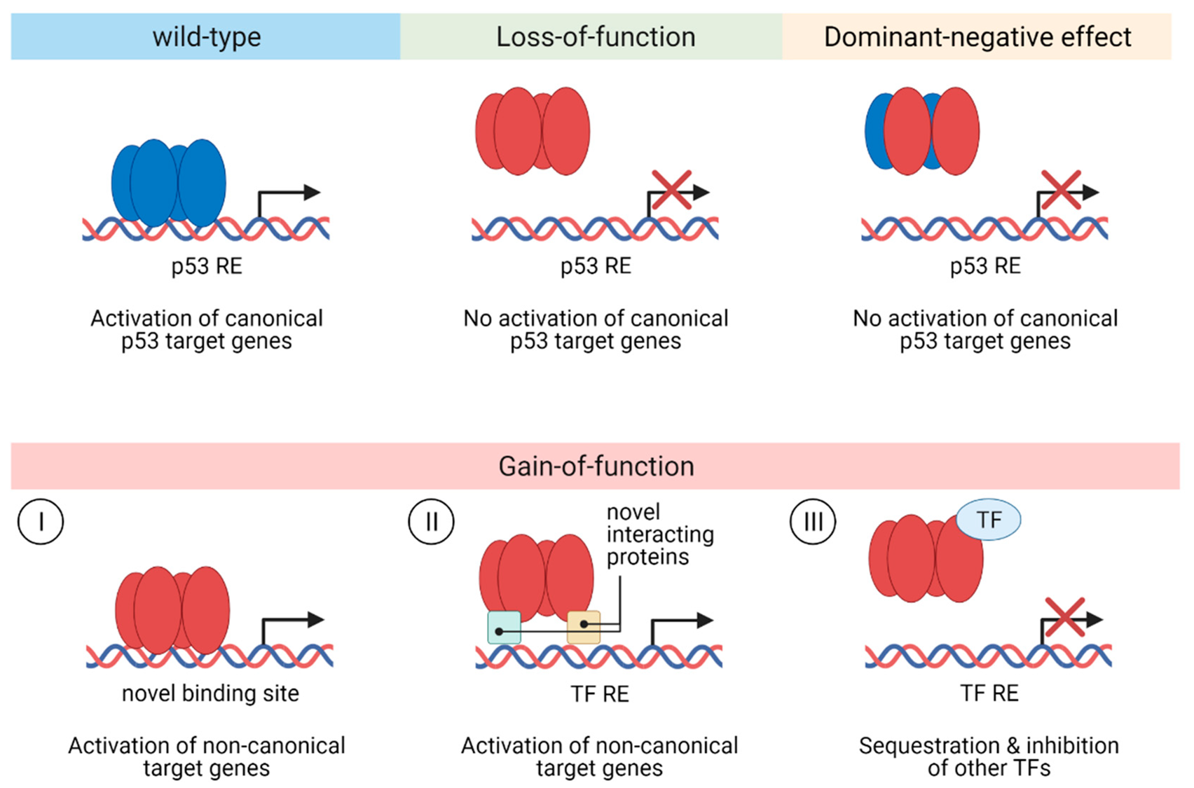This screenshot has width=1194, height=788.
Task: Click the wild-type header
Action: pos(207,36)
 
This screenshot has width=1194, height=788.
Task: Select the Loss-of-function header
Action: pos(596,36)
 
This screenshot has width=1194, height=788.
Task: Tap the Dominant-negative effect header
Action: pos(977,36)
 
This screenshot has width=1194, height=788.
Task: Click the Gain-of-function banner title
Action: pos(596,466)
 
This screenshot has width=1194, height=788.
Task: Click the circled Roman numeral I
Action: pos(41,522)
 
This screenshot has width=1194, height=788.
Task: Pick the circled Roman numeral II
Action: pos(431,522)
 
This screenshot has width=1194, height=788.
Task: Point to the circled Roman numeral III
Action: pos(813,522)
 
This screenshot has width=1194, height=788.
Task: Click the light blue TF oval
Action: pos(989,520)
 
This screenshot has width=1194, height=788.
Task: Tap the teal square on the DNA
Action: pos(505,628)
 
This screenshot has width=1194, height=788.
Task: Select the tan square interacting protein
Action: pos(584,627)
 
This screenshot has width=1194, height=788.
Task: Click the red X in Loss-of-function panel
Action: pos(672,188)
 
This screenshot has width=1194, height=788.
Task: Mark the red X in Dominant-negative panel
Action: pos(1061,189)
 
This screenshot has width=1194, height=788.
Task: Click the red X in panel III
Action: pos(1065,616)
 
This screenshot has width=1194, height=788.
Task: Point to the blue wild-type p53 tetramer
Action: pos(169,183)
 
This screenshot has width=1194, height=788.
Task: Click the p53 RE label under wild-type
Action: pos(207,266)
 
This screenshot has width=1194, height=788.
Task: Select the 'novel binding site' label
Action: pos(210,693)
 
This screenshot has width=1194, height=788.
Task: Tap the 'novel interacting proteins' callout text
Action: pos(659,534)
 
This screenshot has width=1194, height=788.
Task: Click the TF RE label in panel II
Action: pos(599,693)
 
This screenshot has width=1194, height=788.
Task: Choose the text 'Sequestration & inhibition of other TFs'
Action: pos(989,756)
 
